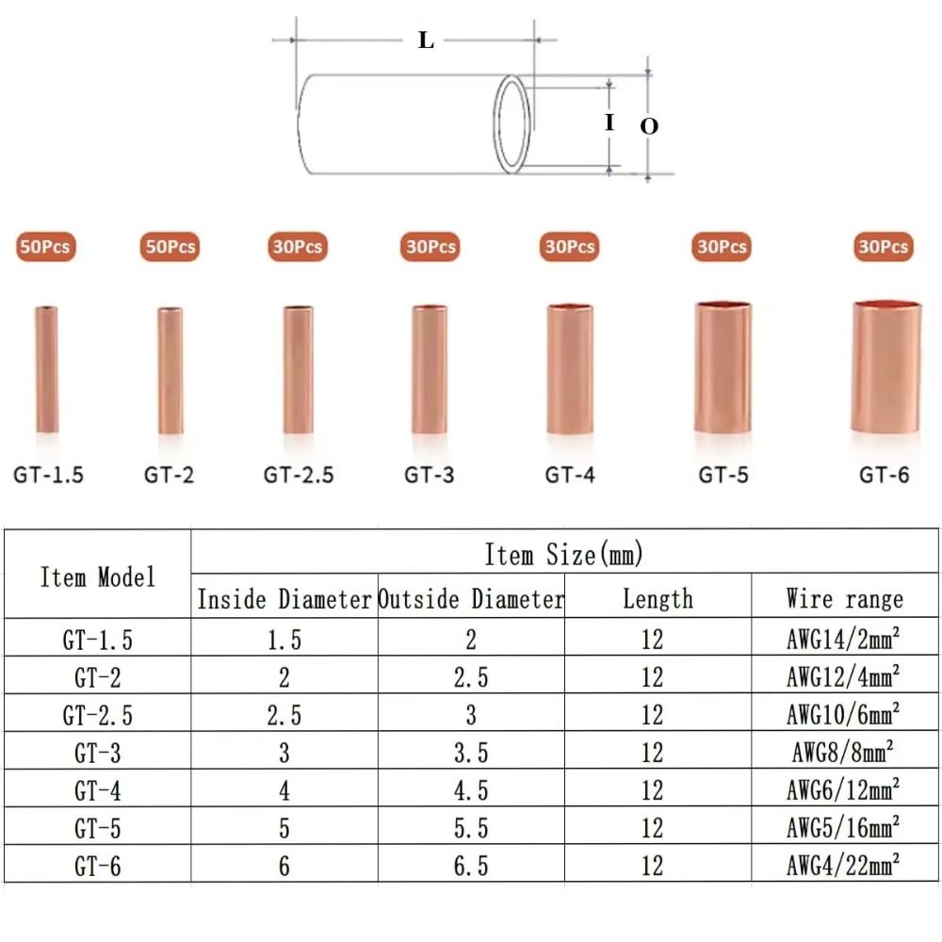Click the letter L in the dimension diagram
click(426, 41)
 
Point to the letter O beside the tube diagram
click(649, 126)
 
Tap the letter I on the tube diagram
click(609, 122)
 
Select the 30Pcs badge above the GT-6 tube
click(884, 247)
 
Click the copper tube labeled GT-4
click(570, 368)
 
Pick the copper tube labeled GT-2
click(170, 370)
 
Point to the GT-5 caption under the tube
click(723, 475)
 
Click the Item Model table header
click(97, 577)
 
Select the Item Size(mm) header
click(563, 554)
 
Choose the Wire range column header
click(844, 598)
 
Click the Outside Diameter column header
click(471, 599)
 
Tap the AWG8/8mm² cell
click(844, 752)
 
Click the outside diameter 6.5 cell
click(471, 866)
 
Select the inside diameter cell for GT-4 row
click(284, 790)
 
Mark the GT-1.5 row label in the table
click(97, 640)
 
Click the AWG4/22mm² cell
click(844, 865)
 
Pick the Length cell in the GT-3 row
click(653, 753)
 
